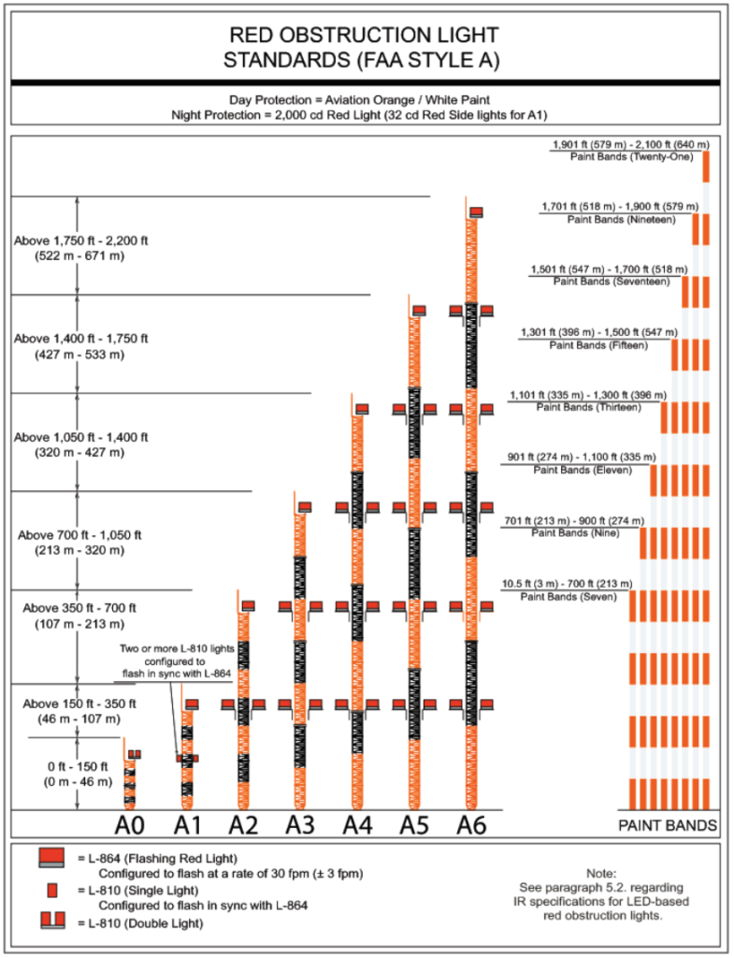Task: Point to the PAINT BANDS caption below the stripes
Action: click(x=668, y=826)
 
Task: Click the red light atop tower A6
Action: click(x=476, y=212)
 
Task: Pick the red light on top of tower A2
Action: click(x=248, y=605)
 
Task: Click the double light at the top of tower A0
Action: click(x=135, y=754)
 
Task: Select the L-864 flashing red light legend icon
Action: click(x=51, y=859)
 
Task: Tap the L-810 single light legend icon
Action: click(x=52, y=890)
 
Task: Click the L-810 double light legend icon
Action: click(x=51, y=922)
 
